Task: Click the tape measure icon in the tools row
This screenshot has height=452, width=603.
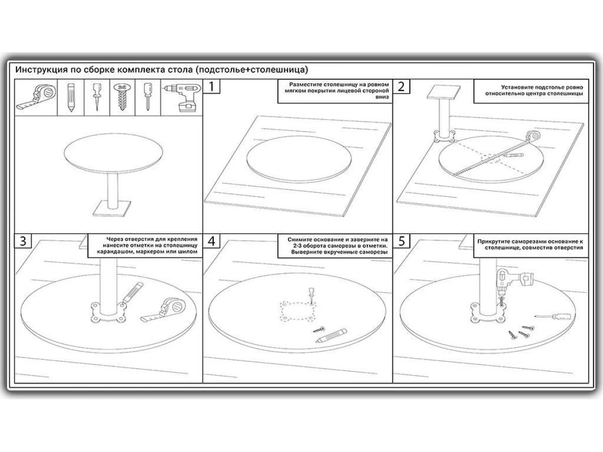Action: (x=36, y=98)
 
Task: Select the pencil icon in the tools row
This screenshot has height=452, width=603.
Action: (x=71, y=98)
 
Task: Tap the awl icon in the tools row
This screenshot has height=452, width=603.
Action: (x=96, y=97)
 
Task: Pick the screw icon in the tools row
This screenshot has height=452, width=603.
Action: (x=122, y=97)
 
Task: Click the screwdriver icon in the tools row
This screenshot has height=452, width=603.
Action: (x=148, y=97)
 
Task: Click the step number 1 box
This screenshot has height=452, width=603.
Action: (x=211, y=86)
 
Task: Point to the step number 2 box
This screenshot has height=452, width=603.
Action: (x=401, y=86)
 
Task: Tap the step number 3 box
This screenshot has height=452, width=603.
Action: (x=23, y=241)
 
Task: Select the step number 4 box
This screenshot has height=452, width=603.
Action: (x=211, y=241)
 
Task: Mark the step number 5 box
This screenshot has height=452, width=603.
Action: (x=401, y=241)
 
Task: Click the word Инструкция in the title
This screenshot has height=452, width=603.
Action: (x=42, y=70)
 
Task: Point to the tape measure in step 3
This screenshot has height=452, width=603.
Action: (x=163, y=310)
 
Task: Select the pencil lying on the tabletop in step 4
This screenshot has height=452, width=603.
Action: (x=331, y=335)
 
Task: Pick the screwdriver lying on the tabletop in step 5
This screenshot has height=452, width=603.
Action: (x=552, y=316)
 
